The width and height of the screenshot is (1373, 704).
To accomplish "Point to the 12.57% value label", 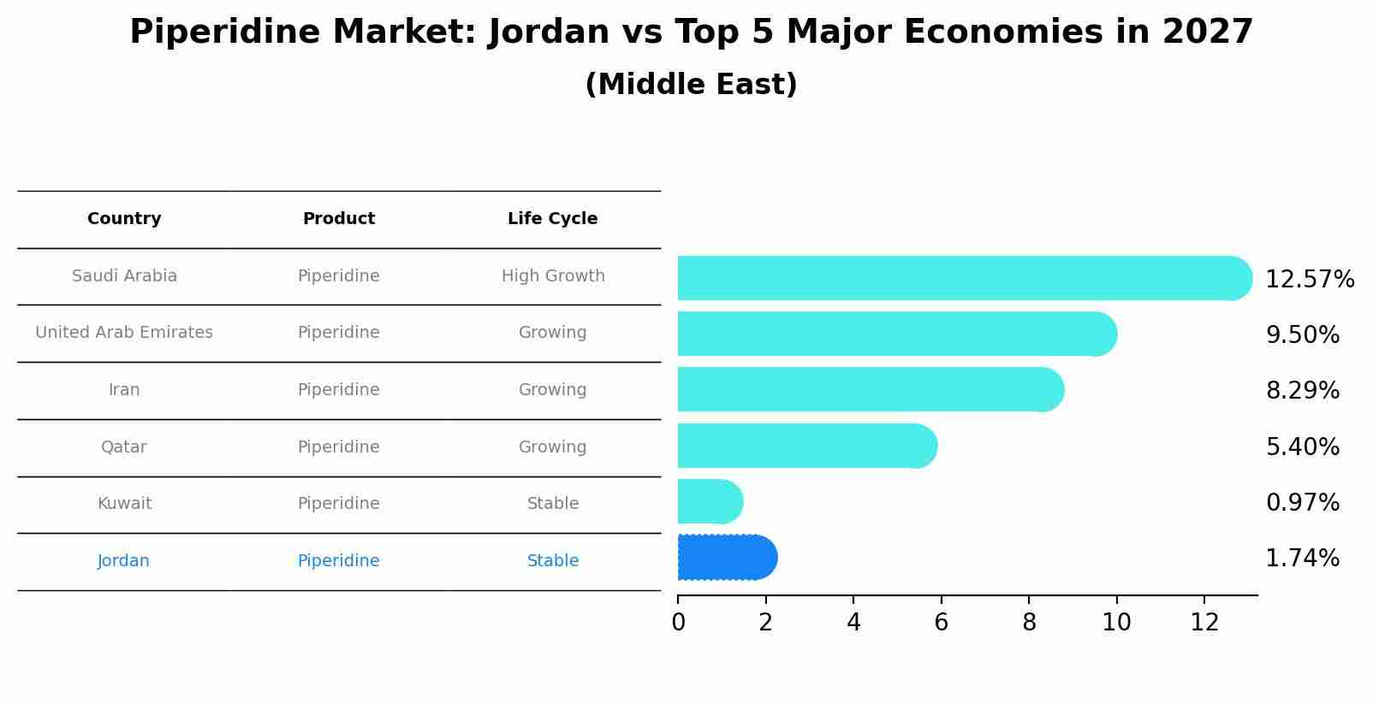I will (1310, 280).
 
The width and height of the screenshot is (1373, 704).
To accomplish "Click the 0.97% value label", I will (1302, 503).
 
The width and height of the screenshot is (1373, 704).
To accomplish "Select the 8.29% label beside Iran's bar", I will (1302, 391).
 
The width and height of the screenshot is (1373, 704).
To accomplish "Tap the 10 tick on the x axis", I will (1116, 623).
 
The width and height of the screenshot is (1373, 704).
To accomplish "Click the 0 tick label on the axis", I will (678, 623).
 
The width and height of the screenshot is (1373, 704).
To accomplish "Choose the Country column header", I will (124, 219).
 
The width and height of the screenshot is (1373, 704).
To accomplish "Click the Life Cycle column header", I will (552, 219).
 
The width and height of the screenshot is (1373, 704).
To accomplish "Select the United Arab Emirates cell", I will (124, 333).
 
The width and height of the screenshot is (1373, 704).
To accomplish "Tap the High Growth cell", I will (553, 276).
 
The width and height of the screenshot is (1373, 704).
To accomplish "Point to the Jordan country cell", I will (123, 561).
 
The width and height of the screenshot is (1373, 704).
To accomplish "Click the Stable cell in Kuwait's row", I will (553, 504).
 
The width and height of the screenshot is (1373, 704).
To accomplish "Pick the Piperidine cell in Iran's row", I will (338, 390).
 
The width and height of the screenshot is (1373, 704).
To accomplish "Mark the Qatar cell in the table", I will (124, 447).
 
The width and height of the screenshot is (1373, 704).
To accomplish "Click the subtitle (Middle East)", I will (691, 85).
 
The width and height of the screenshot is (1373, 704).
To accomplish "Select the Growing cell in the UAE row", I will (552, 333).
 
